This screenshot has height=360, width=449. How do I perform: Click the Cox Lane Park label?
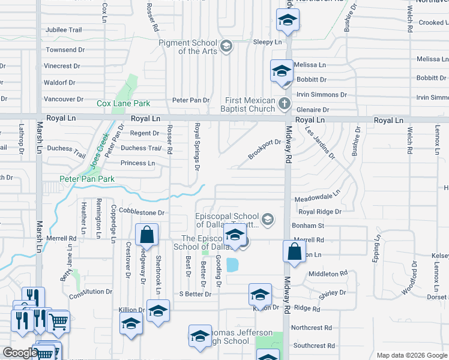[124, 103]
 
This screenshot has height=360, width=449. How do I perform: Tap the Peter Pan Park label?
[87, 179]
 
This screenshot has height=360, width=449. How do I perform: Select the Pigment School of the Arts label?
[188, 47]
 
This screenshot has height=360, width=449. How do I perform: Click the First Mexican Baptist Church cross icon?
[285, 105]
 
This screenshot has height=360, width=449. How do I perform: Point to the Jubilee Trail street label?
[64, 29]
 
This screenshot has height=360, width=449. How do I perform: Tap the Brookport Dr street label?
[265, 150]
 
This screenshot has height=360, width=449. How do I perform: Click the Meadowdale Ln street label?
[317, 197]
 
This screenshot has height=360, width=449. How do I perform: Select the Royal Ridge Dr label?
[320, 212]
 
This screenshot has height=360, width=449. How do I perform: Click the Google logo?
[19, 353]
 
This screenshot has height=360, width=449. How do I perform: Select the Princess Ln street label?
[137, 163]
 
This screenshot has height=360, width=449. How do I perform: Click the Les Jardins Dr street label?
[319, 142]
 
